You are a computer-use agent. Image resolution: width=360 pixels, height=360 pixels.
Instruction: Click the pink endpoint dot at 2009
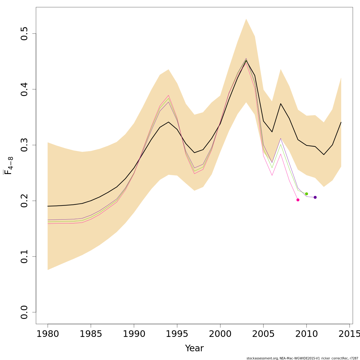[298, 200]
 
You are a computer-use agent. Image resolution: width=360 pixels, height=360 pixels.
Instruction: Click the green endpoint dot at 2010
[307, 194]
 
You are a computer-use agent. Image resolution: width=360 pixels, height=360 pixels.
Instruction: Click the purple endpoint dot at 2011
[315, 197]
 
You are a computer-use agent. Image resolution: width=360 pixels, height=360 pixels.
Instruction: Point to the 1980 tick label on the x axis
[48, 334]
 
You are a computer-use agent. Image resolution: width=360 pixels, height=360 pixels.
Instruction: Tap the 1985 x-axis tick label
[91, 334]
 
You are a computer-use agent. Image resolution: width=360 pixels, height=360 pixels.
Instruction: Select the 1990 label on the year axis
[134, 334]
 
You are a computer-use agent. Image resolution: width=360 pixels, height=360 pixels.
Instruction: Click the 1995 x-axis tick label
[177, 334]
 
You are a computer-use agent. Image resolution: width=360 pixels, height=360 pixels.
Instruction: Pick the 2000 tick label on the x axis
[220, 334]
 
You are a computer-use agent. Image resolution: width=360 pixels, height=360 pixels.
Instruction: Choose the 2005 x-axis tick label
[263, 334]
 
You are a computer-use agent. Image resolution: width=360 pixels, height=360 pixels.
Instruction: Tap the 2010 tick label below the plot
[307, 334]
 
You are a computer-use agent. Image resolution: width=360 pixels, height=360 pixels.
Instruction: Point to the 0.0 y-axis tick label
[25, 312]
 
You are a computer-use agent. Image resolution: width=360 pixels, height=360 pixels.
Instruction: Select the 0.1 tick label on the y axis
[25, 256]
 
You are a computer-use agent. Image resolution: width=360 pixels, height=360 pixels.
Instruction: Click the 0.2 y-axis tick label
[25, 201]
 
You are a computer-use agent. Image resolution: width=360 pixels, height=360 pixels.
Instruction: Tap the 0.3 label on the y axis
[25, 145]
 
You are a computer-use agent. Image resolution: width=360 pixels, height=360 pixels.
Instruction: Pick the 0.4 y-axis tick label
[25, 89]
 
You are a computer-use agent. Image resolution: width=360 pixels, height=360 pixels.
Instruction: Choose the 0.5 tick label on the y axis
[25, 34]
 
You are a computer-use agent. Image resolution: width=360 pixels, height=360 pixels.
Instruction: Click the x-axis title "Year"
[194, 348]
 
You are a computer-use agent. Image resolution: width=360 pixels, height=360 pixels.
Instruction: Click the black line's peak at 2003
[246, 61]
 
